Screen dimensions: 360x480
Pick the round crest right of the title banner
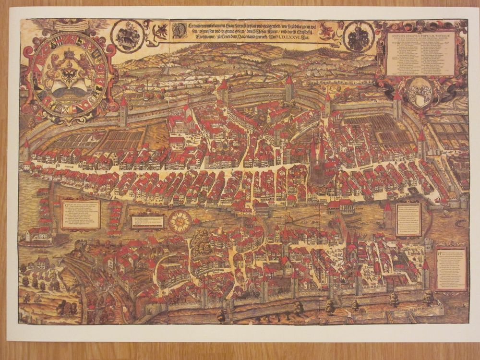[359, 37]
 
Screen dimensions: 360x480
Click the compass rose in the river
[180, 222]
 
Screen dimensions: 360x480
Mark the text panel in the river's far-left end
[81, 214]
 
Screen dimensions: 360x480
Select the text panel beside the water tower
[408, 219]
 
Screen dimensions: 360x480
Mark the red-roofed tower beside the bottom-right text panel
[426, 274]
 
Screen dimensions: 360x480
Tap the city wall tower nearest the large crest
[124, 112]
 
